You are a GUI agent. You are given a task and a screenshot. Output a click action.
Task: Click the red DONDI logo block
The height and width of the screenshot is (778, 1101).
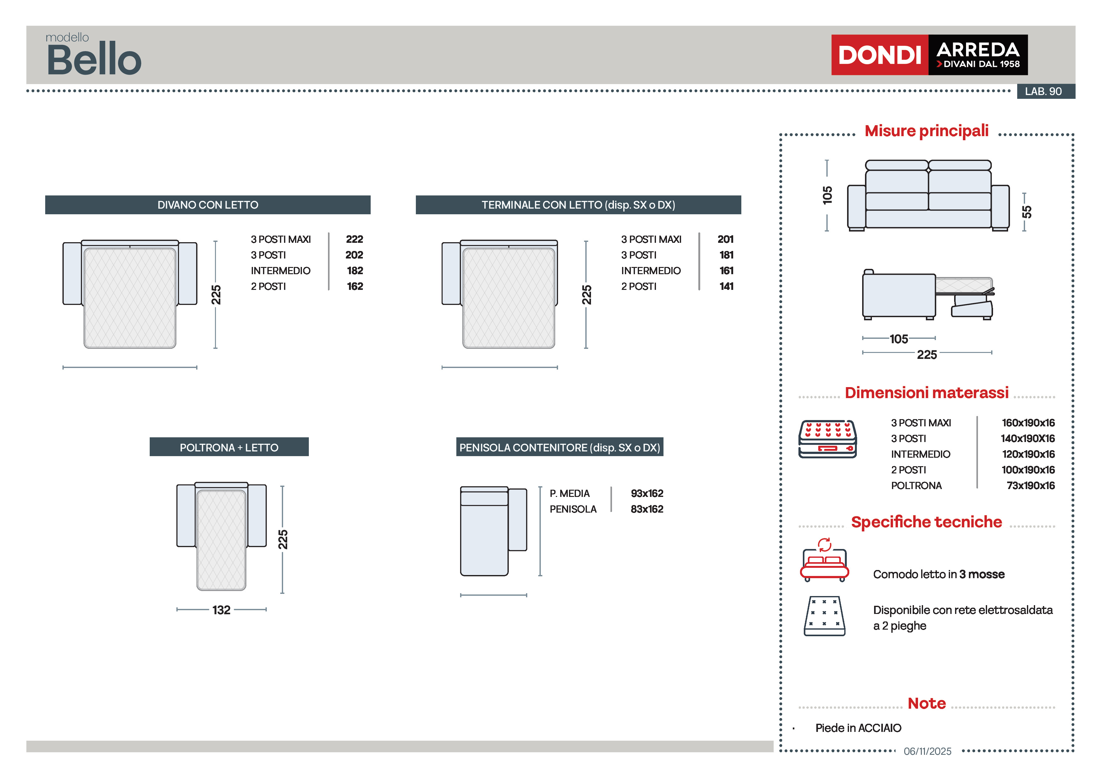click(x=879, y=55)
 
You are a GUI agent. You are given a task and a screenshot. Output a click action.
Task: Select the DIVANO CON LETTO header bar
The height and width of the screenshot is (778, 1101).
click(x=208, y=205)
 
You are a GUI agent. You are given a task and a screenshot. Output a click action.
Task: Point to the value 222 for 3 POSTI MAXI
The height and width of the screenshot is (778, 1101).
click(x=354, y=239)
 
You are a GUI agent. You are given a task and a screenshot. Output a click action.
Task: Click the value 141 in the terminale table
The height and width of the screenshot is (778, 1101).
click(x=726, y=286)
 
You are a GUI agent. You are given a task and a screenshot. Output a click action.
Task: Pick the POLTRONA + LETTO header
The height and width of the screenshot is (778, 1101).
click(x=229, y=447)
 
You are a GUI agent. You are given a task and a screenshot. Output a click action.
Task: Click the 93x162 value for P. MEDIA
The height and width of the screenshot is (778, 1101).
click(x=647, y=493)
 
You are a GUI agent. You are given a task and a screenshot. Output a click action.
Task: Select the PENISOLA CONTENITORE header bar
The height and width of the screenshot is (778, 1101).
click(x=559, y=447)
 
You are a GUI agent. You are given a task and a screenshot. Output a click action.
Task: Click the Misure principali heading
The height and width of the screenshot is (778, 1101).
click(x=926, y=131)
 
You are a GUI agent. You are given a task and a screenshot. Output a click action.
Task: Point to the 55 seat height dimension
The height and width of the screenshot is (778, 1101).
click(x=1026, y=212)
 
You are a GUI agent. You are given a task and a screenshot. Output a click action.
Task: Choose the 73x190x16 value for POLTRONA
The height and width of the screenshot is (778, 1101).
click(x=1030, y=486)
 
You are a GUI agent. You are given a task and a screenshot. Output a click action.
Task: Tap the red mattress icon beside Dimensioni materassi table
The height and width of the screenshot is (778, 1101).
click(x=827, y=439)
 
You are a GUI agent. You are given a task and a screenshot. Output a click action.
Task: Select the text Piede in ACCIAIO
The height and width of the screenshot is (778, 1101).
click(x=858, y=728)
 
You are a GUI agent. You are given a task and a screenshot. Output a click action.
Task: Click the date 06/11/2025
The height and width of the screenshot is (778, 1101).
click(x=927, y=751)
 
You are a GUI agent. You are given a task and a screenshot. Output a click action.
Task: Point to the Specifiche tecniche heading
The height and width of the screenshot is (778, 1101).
click(x=926, y=522)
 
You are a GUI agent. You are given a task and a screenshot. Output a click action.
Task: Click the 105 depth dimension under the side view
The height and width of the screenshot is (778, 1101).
click(x=899, y=339)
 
